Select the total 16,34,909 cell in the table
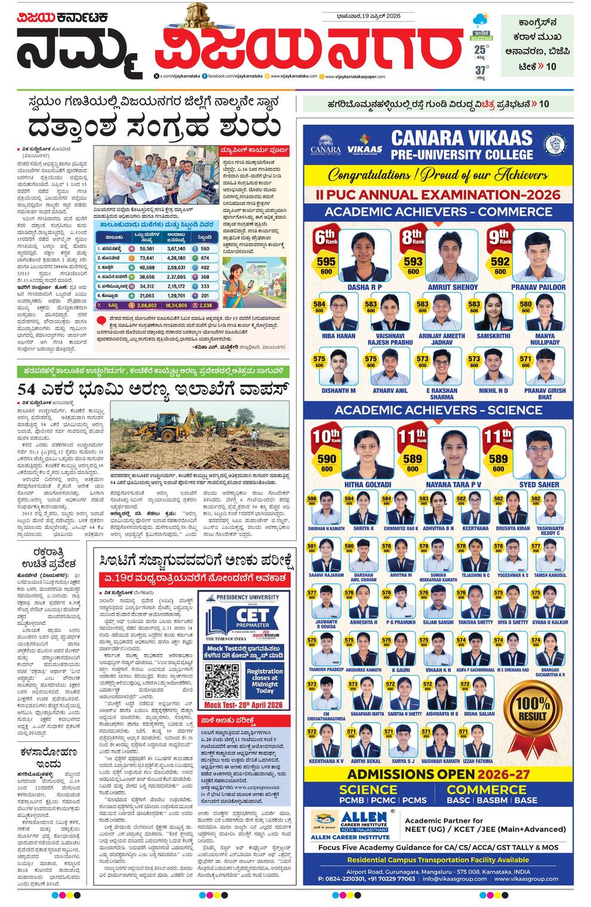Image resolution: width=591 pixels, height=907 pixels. click(x=176, y=305)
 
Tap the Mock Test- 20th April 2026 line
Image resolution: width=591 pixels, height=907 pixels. click(x=244, y=705)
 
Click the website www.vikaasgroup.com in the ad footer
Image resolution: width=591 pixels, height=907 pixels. click(x=527, y=879)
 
